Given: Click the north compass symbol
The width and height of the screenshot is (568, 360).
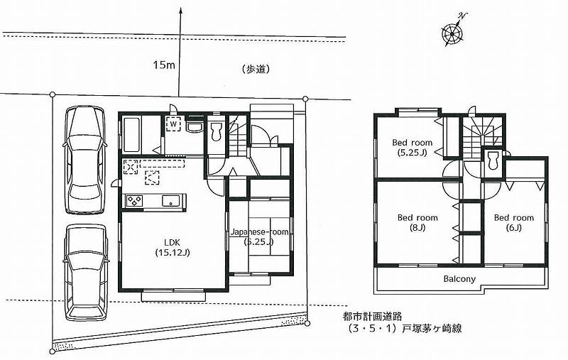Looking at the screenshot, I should (x=453, y=33).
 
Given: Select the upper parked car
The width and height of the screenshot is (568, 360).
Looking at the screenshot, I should (x=84, y=159).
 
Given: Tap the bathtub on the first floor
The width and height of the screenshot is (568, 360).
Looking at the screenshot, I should (x=132, y=135).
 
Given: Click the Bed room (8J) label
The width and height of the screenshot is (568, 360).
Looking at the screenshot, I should (x=417, y=222).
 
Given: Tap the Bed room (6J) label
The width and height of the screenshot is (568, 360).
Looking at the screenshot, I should (x=513, y=222).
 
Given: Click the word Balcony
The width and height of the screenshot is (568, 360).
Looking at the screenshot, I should (x=459, y=278).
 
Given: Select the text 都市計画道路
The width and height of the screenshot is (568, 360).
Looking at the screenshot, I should (x=368, y=317).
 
